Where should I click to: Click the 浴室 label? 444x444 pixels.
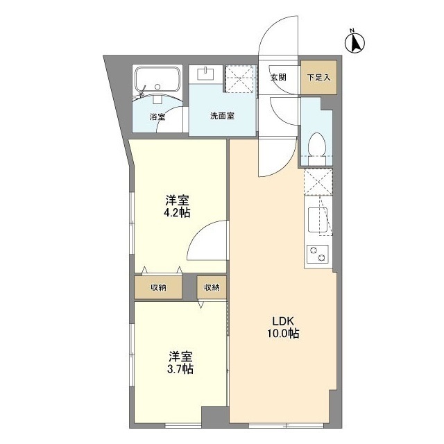tap(157, 117)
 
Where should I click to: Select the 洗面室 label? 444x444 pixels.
tap(222, 116)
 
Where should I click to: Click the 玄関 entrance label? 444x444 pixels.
tap(277, 77)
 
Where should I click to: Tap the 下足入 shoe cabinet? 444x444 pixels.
tap(319, 77)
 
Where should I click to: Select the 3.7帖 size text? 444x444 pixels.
tap(180, 369)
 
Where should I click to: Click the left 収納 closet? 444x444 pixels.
tap(159, 287)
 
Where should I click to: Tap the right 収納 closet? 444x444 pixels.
tap(212, 287)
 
